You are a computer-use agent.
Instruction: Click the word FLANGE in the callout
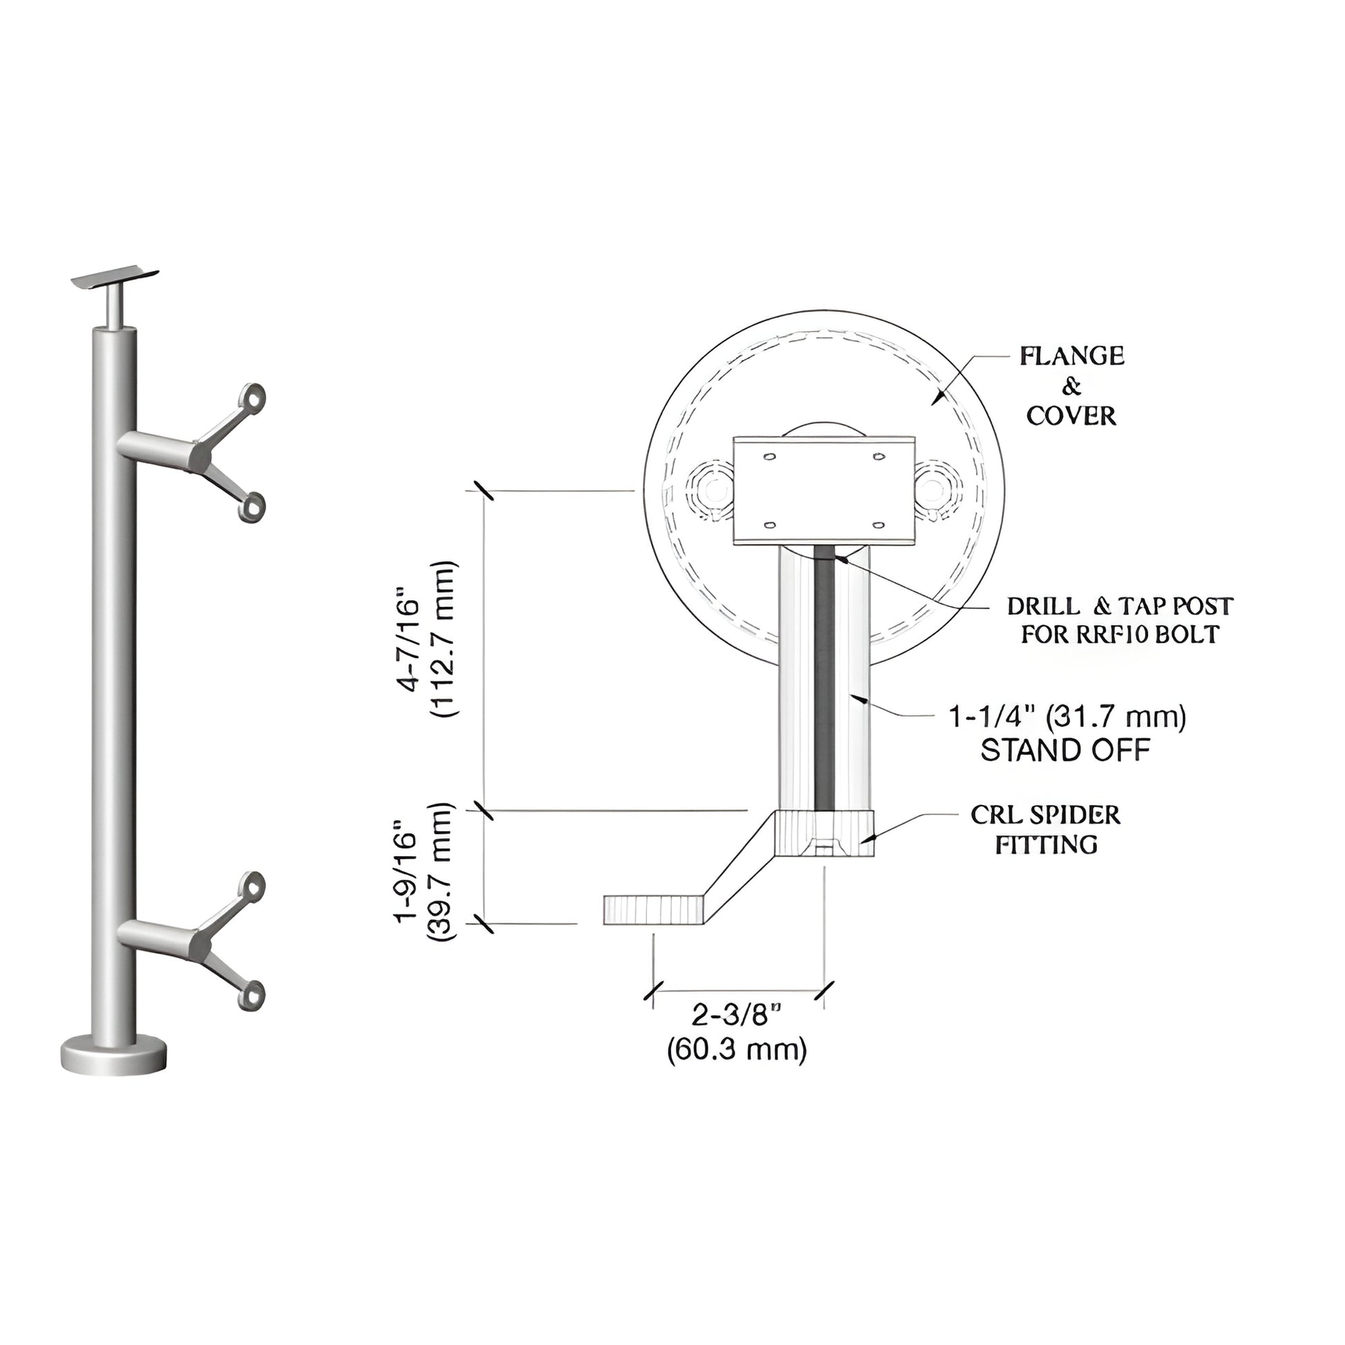1071,357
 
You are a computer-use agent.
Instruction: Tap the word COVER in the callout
1071,416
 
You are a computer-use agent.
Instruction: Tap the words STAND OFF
1064,751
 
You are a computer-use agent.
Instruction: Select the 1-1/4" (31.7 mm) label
1067,717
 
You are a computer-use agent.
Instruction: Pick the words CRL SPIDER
1045,815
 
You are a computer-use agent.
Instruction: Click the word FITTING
1046,845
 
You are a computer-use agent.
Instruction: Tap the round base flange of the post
114,1059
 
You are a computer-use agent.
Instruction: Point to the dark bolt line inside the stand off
825,682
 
